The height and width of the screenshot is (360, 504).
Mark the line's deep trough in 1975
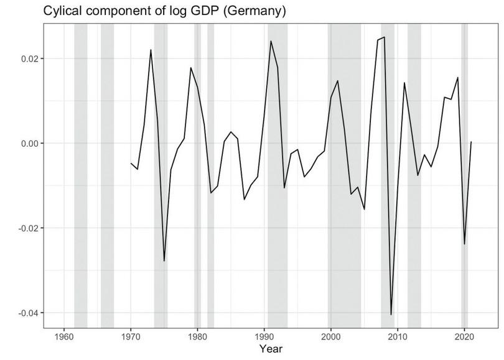tap(164, 261)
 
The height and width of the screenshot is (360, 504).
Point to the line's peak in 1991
tap(271, 41)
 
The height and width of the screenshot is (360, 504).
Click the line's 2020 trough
tap(464, 244)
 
